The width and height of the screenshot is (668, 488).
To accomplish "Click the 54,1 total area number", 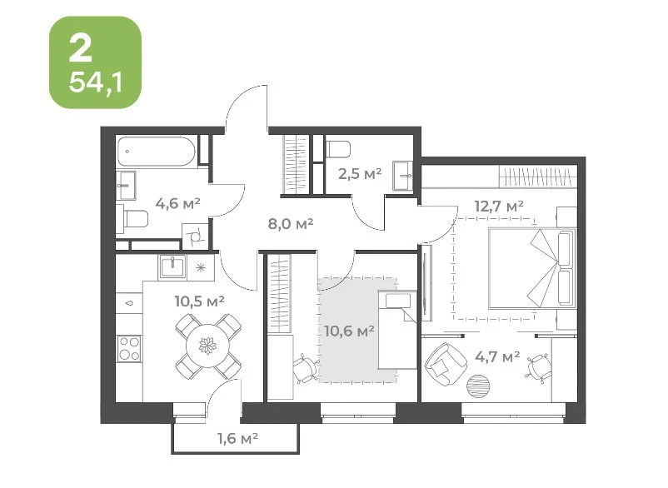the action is pos(96,82).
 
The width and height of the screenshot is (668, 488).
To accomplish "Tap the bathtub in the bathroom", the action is pos(157,152).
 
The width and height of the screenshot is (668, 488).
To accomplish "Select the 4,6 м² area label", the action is pos(177,203).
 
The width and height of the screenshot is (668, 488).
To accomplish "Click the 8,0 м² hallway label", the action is pos(291,223).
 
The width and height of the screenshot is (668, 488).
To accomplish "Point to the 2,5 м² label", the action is pos(360,173).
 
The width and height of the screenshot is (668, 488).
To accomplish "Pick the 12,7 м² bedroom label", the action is pos(499,206).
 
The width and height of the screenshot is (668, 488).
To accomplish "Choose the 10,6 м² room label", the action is pos(349,331).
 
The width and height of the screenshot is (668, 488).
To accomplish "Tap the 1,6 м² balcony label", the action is pos(238,438).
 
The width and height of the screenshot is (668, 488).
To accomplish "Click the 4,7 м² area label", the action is pos(497,356).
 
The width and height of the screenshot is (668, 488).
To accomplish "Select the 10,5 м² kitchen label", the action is pos(199,301).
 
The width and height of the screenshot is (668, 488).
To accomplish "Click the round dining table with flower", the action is pos(208,346).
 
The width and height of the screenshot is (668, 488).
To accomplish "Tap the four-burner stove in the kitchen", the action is pos(129,348).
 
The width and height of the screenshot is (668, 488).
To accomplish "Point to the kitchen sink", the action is pos(172,267).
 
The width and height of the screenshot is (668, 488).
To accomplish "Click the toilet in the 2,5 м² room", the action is pos(338,149).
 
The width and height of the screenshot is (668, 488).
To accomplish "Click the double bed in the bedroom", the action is pos(531,268).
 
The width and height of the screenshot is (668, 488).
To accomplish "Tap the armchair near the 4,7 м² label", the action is pos(445,365).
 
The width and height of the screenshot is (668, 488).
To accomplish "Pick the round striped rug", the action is pos(480,386).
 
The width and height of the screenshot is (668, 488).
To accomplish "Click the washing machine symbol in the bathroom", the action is pos(195,236).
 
